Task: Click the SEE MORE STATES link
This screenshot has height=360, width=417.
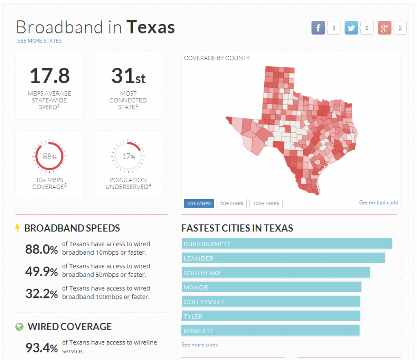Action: click(x=40, y=41)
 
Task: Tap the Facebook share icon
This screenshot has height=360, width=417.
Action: click(x=318, y=28)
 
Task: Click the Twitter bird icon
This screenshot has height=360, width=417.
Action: click(x=351, y=28)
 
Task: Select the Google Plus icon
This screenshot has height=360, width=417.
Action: click(x=384, y=28)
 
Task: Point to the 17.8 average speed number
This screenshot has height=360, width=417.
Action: click(x=50, y=76)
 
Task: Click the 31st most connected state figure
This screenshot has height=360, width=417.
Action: click(x=128, y=76)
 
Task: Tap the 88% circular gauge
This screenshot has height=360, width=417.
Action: click(x=49, y=156)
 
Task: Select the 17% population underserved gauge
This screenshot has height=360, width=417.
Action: click(x=128, y=156)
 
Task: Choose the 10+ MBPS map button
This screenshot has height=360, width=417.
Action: click(x=199, y=203)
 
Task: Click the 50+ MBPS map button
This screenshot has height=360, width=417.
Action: click(x=232, y=203)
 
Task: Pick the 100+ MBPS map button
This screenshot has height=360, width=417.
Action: click(x=266, y=203)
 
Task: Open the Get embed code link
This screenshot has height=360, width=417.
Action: click(x=378, y=202)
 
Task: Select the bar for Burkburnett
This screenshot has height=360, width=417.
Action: click(x=287, y=244)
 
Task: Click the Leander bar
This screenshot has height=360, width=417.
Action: click(x=283, y=258)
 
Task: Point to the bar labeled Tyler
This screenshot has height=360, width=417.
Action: click(x=271, y=316)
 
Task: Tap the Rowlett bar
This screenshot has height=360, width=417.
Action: click(x=270, y=331)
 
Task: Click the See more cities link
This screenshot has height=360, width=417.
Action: click(x=200, y=344)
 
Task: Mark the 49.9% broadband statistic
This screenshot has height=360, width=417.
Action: click(x=42, y=271)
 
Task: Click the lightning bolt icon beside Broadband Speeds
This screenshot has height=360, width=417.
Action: click(x=18, y=228)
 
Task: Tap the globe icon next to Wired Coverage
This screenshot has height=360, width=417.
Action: click(x=19, y=327)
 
